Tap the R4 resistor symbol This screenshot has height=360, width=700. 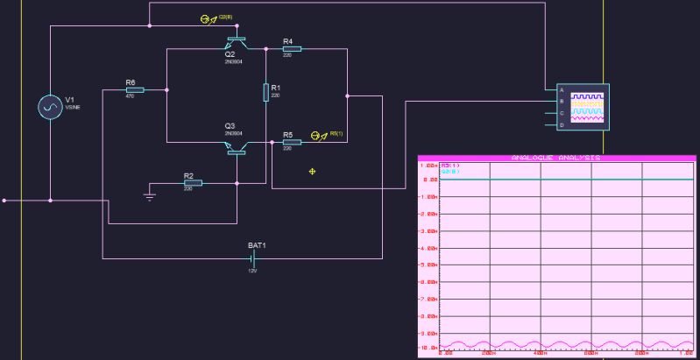292,49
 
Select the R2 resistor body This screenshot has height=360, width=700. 192,183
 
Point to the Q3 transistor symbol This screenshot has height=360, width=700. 235,147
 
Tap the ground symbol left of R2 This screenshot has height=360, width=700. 150,194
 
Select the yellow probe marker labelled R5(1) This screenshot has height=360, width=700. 319,136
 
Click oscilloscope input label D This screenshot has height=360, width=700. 561,125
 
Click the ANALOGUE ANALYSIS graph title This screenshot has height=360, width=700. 556,158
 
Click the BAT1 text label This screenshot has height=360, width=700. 257,245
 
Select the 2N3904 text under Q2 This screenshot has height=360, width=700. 233,62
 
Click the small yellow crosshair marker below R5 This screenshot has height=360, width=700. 312,171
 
